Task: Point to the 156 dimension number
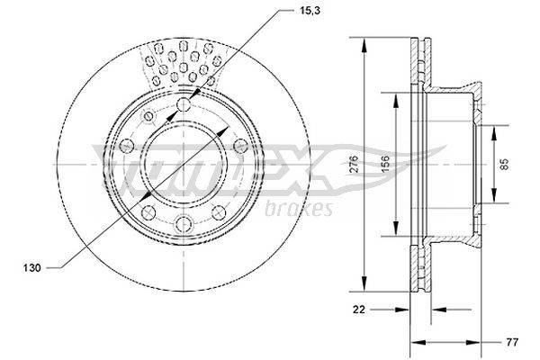pos(385,164)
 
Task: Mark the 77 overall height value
pos(509,342)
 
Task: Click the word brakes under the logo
pos(300,209)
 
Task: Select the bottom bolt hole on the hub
pos(184,224)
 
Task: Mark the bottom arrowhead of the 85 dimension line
pos(495,202)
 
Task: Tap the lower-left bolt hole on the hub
pos(147,213)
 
